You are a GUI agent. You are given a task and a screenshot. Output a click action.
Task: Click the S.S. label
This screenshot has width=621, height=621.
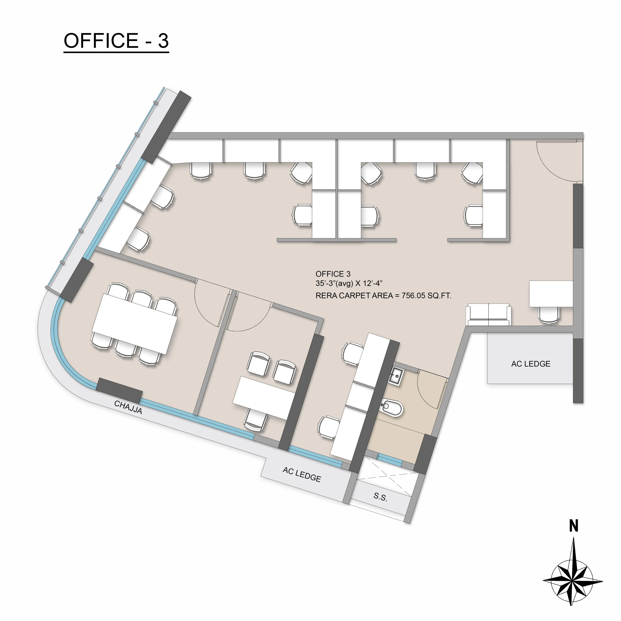pyautogui.click(x=380, y=497)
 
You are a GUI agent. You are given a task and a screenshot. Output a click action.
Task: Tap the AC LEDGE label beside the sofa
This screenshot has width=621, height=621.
pyautogui.click(x=531, y=364)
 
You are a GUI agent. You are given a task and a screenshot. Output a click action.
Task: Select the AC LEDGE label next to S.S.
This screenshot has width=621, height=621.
pyautogui.click(x=302, y=474)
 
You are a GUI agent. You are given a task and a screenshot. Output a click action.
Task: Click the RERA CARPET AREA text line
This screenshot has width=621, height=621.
pyautogui.click(x=383, y=296)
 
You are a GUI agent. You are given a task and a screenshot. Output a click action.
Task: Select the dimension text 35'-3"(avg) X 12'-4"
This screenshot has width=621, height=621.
pyautogui.click(x=349, y=283)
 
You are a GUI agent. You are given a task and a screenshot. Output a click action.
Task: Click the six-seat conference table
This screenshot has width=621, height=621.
pyautogui.click(x=135, y=324)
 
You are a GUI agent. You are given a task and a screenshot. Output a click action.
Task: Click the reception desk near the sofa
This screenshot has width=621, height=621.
pyautogui.click(x=551, y=294)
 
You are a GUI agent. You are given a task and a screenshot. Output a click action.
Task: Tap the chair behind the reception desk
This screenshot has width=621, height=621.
pyautogui.click(x=549, y=315)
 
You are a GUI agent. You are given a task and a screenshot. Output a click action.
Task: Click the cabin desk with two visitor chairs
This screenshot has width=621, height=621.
pyautogui.click(x=264, y=398)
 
